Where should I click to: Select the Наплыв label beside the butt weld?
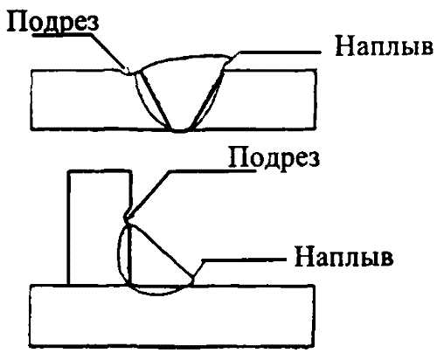click(x=385, y=47)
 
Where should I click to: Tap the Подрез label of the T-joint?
click(x=274, y=157)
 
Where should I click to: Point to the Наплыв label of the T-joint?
click(x=343, y=258)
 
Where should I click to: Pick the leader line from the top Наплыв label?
click(x=277, y=53)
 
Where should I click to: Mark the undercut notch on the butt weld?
click(x=128, y=72)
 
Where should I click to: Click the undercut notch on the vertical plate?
click(x=127, y=218)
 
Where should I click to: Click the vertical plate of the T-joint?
click(x=99, y=227)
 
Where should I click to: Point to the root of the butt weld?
click(x=180, y=130)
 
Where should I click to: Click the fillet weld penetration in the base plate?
click(x=157, y=291)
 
